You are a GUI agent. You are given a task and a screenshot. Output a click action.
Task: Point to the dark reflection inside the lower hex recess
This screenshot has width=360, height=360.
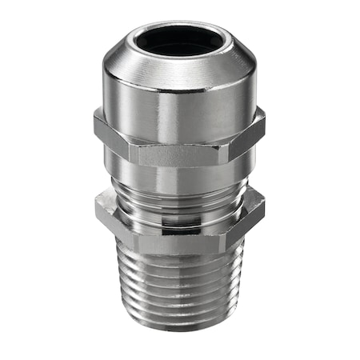pos(180,213)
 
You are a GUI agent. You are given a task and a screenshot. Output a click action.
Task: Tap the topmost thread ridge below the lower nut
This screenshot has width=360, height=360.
pos(180,254)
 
